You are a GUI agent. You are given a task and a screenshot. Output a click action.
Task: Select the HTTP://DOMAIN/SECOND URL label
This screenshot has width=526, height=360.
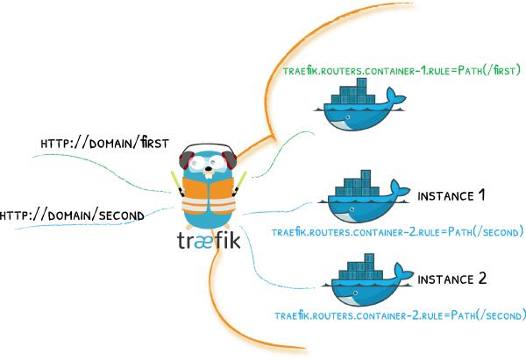tap(72, 214)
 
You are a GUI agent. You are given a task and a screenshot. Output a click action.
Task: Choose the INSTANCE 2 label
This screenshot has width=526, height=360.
tap(451, 279)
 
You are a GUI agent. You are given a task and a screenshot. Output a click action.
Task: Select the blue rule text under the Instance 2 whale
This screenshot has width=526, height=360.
tap(400, 315)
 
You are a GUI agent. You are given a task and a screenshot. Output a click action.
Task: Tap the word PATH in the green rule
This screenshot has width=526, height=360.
tap(464, 71)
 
